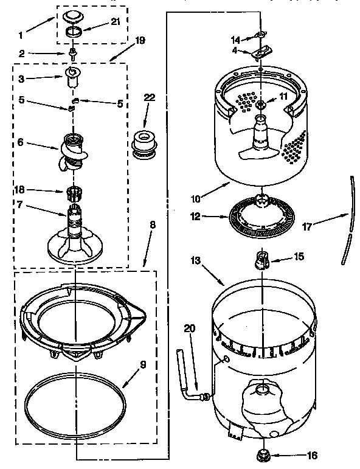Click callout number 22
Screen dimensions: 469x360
150,97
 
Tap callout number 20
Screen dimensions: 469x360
190,328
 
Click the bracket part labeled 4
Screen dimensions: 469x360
260,54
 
